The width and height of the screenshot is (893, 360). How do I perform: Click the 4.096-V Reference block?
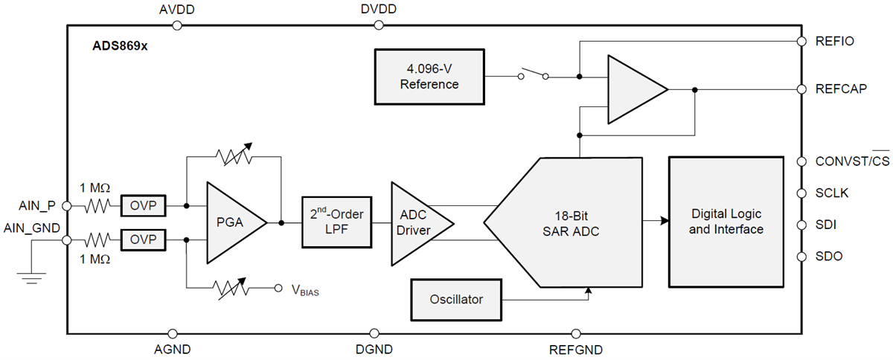pyautogui.click(x=429, y=77)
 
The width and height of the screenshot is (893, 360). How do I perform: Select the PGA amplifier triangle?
pyautogui.click(x=231, y=222)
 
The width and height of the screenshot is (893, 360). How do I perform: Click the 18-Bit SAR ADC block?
pyautogui.click(x=570, y=222)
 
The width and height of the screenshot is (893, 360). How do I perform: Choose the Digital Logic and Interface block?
pyautogui.click(x=726, y=222)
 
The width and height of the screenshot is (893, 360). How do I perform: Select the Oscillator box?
pyautogui.click(x=456, y=300)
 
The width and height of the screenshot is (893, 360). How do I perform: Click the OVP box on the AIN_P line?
pyautogui.click(x=144, y=205)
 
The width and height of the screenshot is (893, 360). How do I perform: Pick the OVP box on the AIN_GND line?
pyautogui.click(x=144, y=240)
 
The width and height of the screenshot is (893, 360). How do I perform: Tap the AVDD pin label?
pyautogui.click(x=176, y=10)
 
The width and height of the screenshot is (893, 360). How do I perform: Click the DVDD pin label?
pyautogui.click(x=378, y=10)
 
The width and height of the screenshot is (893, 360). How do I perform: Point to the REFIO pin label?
pyautogui.click(x=835, y=41)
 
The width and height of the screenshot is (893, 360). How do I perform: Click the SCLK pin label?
pyautogui.click(x=833, y=193)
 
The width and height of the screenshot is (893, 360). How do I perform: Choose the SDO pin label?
pyautogui.click(x=829, y=257)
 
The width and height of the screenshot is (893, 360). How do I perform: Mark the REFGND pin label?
pyautogui.click(x=575, y=350)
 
